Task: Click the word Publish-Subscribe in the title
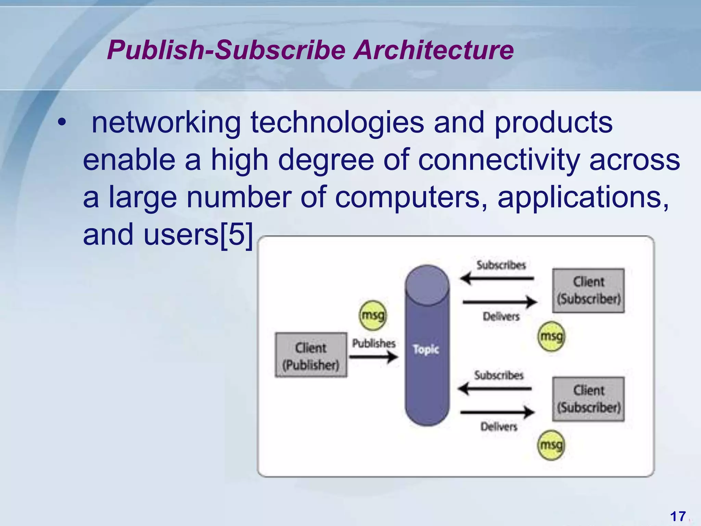pos(226,50)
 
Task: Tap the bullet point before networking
pos(61,122)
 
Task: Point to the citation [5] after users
pos(236,235)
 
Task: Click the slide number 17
pos(678,516)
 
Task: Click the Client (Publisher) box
pos(311,355)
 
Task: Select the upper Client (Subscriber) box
pos(588,290)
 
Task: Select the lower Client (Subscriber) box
pos(588,399)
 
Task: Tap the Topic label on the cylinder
pos(426,349)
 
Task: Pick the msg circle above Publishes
pos(373,315)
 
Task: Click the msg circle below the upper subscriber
pos(551,337)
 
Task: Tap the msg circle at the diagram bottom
pos(551,445)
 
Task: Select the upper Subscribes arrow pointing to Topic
pos(497,278)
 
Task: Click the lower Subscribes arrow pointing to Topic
pos(495,389)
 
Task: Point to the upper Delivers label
pos(501,316)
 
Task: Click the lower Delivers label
pos(499,427)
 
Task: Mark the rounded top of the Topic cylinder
pos(427,284)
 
